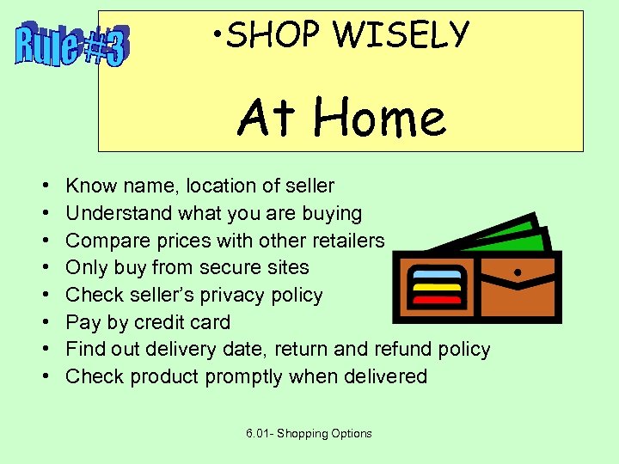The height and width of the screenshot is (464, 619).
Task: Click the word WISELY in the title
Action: [x=401, y=36]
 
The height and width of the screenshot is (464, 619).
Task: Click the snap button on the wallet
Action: [x=518, y=272]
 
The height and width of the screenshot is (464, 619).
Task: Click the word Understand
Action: [x=119, y=213]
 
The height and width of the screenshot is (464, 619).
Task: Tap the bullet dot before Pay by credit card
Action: [x=43, y=323]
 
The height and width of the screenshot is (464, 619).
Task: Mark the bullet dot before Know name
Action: [x=43, y=186]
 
